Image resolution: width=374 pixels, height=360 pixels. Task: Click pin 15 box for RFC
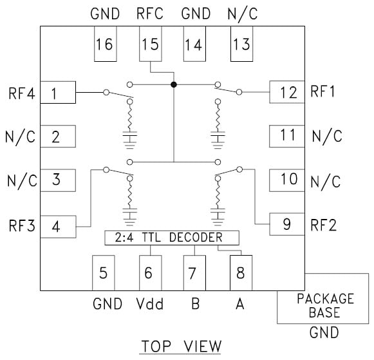click(x=149, y=45)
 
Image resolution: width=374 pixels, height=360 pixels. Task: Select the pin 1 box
click(x=57, y=93)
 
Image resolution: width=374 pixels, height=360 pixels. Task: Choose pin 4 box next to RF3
click(x=57, y=226)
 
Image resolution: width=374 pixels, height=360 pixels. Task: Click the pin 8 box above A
click(x=240, y=272)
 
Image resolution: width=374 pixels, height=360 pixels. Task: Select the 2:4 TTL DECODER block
click(x=171, y=238)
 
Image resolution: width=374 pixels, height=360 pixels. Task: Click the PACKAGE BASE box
click(x=324, y=306)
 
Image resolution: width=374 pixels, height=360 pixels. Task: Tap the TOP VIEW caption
click(x=181, y=346)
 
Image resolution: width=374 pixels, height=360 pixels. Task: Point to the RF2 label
click(x=324, y=225)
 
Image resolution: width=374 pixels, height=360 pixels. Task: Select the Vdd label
click(x=149, y=304)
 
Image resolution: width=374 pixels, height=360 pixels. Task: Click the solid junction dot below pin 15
click(x=173, y=84)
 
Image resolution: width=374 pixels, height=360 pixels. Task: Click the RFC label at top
click(x=149, y=13)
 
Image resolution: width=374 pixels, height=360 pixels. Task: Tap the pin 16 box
click(x=104, y=45)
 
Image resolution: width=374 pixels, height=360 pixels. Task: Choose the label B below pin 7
click(x=194, y=304)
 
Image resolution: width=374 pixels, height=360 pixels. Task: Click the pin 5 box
click(x=103, y=272)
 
